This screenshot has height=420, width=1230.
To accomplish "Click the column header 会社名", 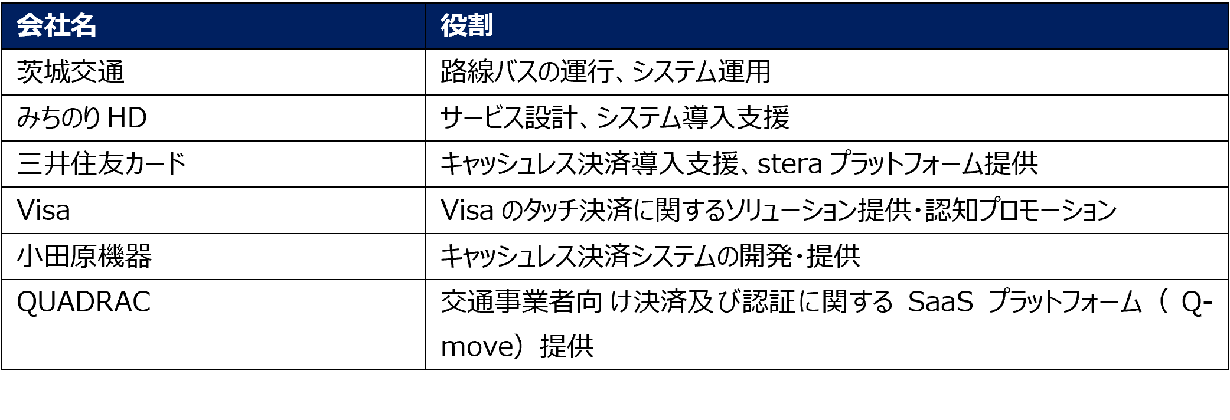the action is [x=56, y=26].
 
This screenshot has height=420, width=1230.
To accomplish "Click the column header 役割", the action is [x=466, y=26].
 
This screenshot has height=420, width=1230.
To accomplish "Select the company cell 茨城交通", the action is [x=71, y=72].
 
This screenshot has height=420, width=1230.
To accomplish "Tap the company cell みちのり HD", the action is [x=81, y=118].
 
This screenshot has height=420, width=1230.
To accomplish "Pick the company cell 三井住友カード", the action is [x=102, y=164].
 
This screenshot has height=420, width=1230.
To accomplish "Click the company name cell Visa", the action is [x=44, y=211].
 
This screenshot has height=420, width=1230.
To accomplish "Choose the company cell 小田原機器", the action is [x=84, y=257].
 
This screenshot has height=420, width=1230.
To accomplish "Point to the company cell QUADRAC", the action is [x=84, y=302].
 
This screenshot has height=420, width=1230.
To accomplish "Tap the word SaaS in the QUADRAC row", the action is [x=940, y=302].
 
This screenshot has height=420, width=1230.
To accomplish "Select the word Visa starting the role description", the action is [x=467, y=211].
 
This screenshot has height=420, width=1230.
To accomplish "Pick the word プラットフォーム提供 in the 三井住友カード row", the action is [x=933, y=164].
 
